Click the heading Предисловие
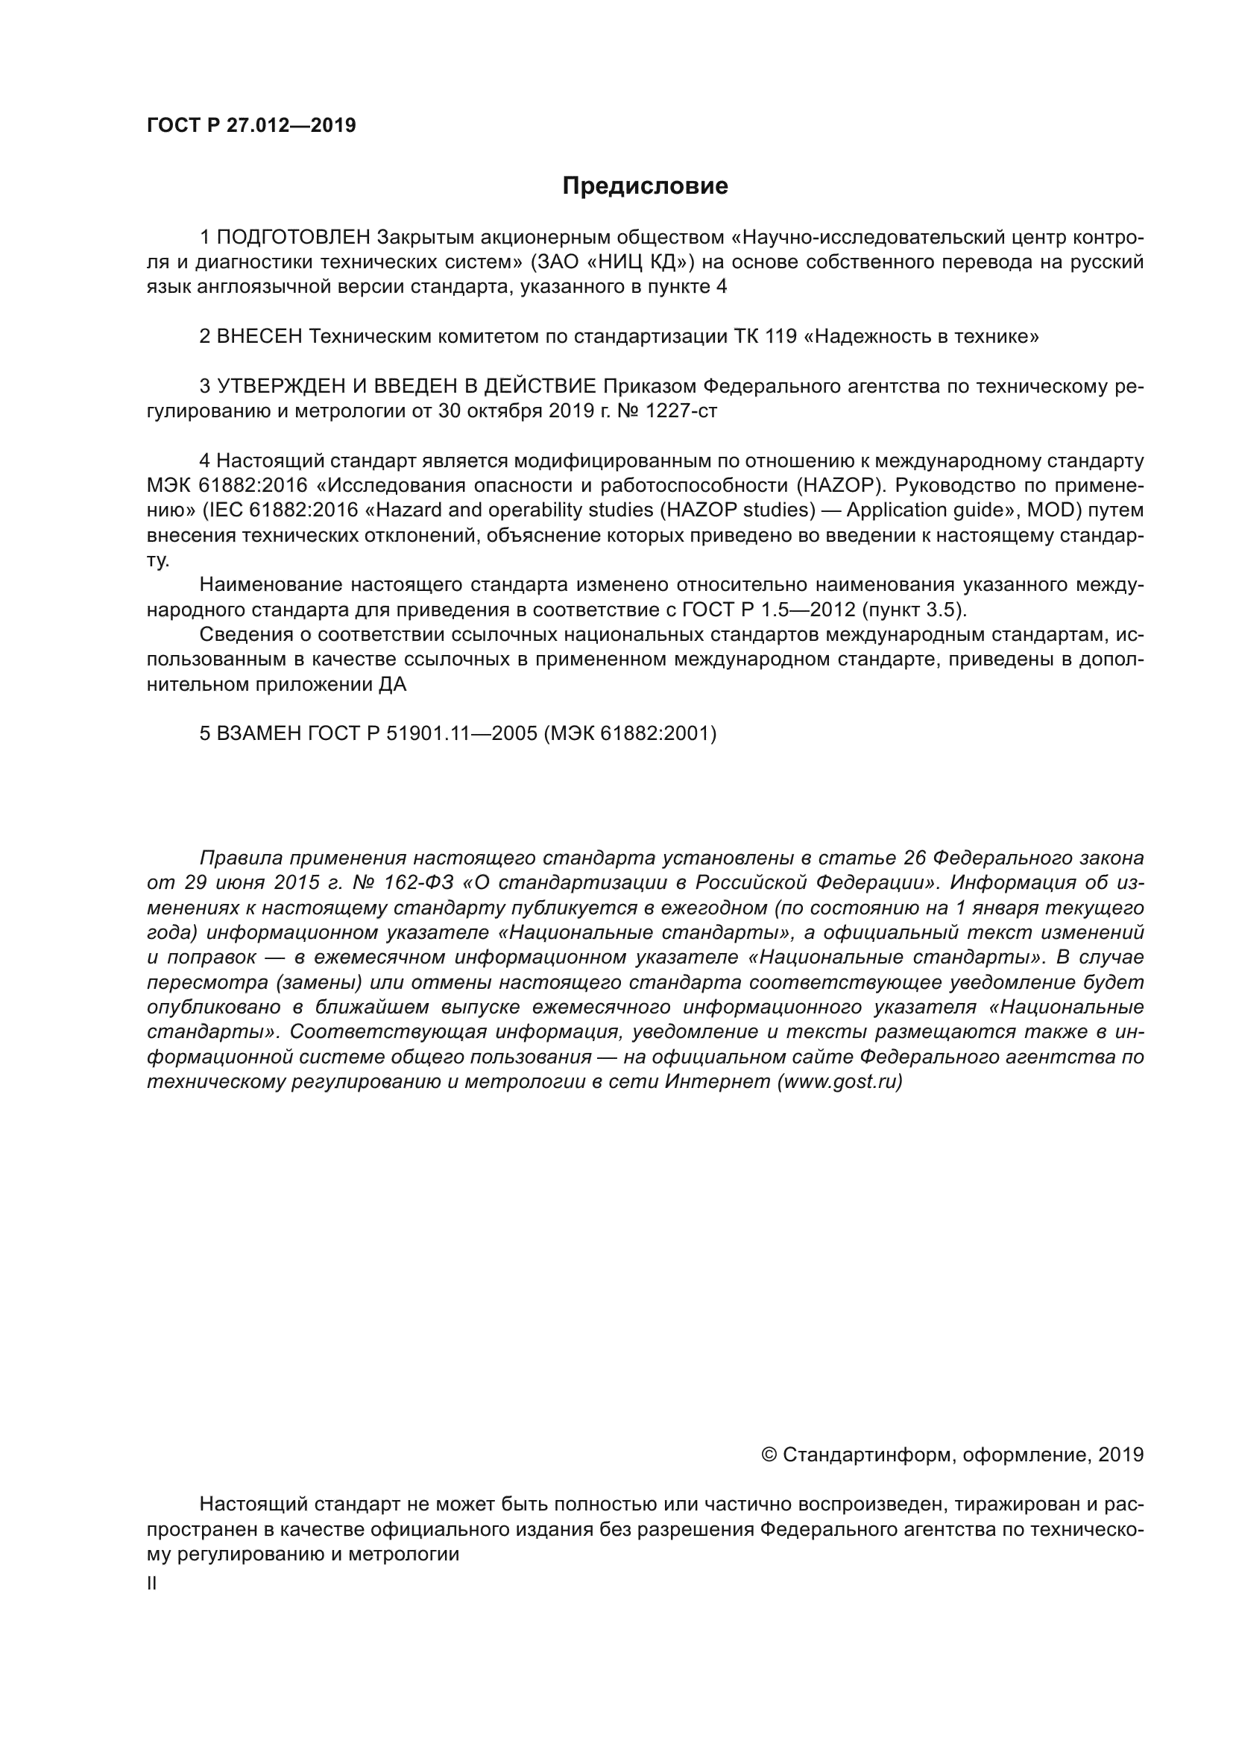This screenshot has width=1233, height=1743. tap(645, 186)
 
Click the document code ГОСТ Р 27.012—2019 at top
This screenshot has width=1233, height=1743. tap(251, 126)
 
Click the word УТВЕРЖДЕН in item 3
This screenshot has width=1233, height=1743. tap(282, 387)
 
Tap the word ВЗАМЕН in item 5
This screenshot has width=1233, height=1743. tap(259, 734)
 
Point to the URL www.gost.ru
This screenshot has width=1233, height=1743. tap(839, 1083)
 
